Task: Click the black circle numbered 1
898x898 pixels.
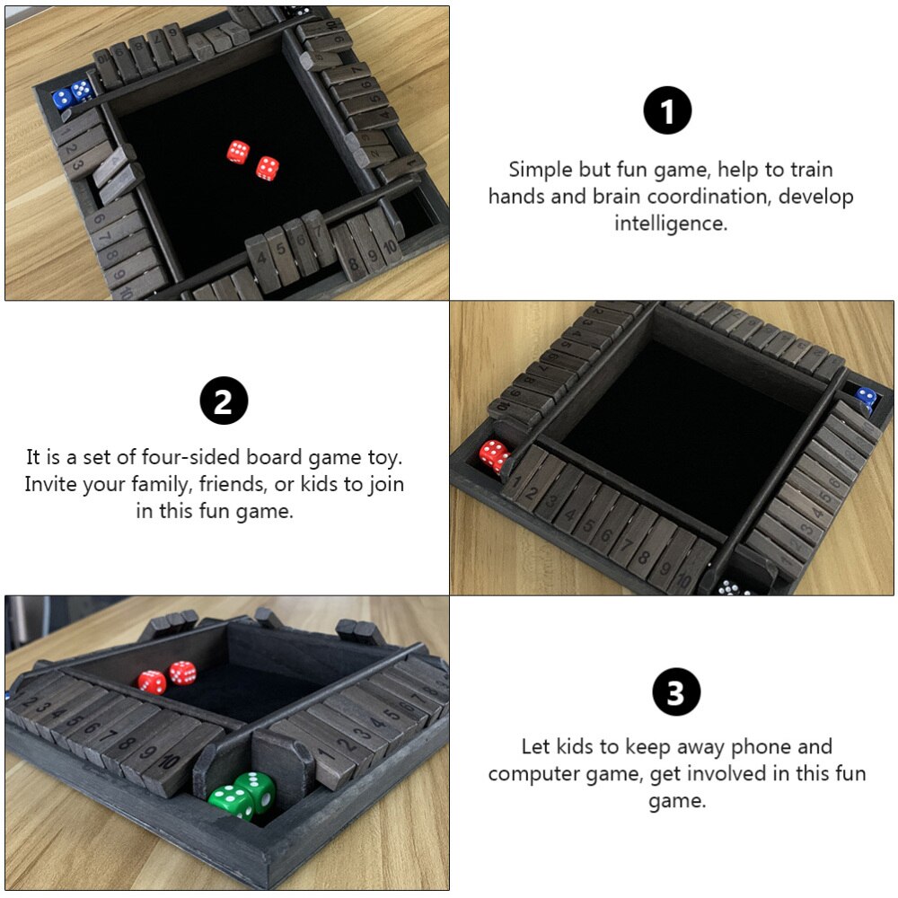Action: click(667, 110)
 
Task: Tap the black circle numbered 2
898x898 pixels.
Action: click(224, 401)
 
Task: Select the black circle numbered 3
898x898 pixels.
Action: click(676, 691)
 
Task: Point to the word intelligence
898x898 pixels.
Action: click(671, 224)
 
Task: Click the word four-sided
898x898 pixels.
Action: click(191, 457)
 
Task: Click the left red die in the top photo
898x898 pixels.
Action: click(238, 152)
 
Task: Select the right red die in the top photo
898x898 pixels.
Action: click(267, 169)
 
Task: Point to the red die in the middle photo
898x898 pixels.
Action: click(494, 456)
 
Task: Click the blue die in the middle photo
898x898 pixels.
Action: click(867, 398)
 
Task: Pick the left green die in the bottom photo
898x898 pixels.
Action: click(231, 800)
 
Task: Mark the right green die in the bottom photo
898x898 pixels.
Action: click(255, 789)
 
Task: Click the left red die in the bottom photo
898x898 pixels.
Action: click(153, 682)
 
